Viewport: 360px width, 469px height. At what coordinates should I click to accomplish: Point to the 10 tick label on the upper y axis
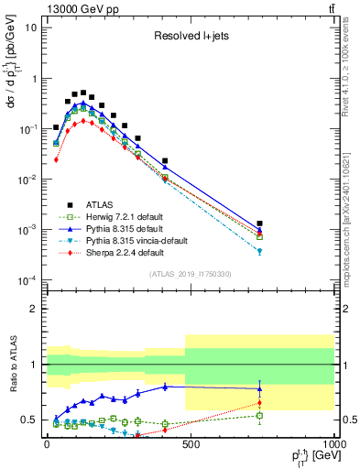[x=31, y=27]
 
